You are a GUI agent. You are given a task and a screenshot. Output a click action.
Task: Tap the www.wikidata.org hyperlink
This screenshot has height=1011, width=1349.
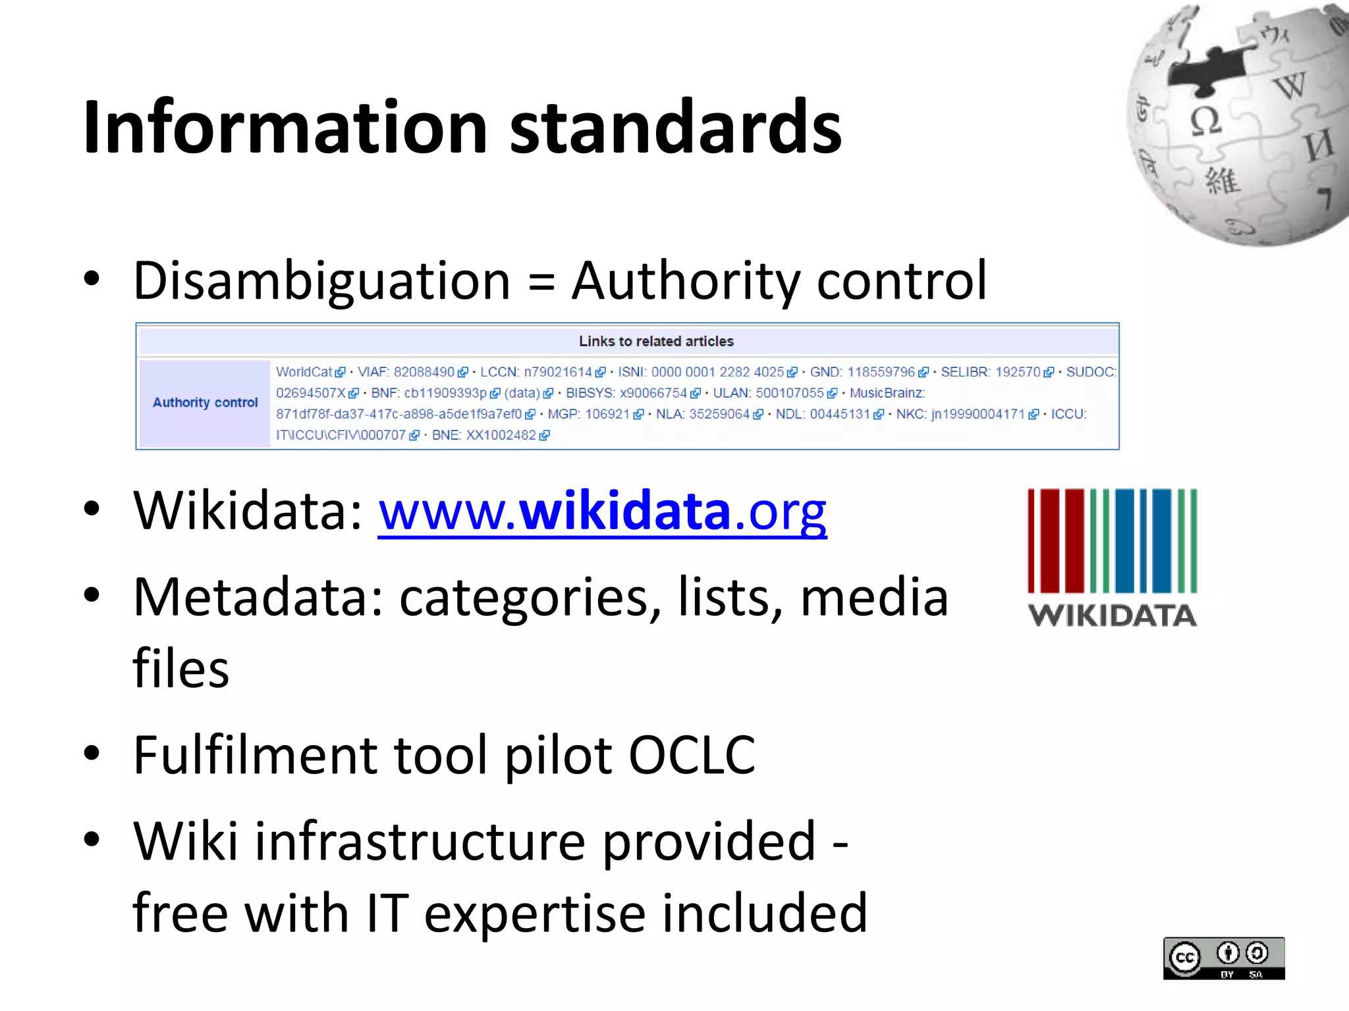[602, 511]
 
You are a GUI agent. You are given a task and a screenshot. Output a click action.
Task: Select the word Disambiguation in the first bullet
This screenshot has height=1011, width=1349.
[321, 281]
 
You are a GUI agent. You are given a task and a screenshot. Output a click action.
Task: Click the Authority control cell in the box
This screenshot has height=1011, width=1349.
[205, 403]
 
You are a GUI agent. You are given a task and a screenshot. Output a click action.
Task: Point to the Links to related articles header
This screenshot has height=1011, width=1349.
[656, 341]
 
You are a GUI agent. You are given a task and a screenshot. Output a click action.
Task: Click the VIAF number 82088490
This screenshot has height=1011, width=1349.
[424, 372]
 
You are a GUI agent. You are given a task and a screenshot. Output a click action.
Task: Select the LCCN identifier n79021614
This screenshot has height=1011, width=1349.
[558, 372]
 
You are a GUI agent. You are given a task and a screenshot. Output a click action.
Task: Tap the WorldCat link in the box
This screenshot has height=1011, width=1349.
[304, 372]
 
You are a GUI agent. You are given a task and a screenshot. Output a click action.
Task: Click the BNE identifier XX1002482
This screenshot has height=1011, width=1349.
[501, 435]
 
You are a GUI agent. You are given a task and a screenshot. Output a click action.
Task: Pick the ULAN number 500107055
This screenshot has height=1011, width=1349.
[789, 393]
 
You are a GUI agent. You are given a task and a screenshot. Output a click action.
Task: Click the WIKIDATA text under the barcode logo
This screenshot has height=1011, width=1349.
[1112, 615]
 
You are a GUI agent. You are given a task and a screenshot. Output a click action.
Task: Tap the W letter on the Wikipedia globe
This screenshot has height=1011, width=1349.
[1289, 86]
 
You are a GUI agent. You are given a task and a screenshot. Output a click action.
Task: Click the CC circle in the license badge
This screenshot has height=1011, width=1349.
[1185, 958]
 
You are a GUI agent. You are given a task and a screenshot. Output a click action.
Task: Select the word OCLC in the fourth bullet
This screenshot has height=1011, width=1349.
[692, 755]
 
